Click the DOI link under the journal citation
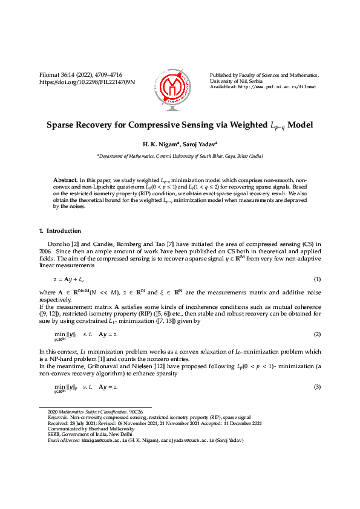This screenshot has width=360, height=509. [x=87, y=82]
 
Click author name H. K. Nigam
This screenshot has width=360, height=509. [x=158, y=144]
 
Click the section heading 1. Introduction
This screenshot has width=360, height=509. [x=64, y=230]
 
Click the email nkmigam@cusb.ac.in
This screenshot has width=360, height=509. [x=102, y=441]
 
